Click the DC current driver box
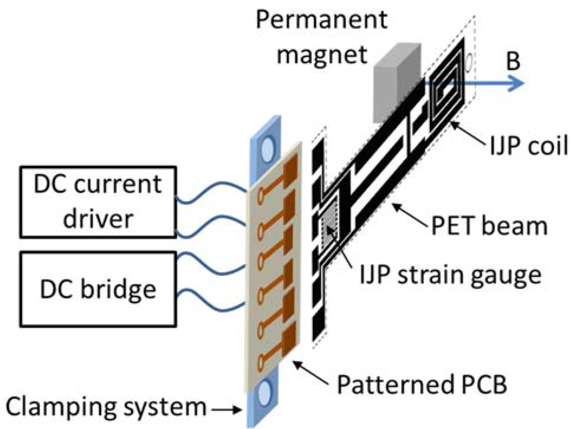click(98, 202)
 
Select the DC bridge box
click(98, 289)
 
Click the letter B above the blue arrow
click(513, 62)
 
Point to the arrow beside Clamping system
click(226, 409)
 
